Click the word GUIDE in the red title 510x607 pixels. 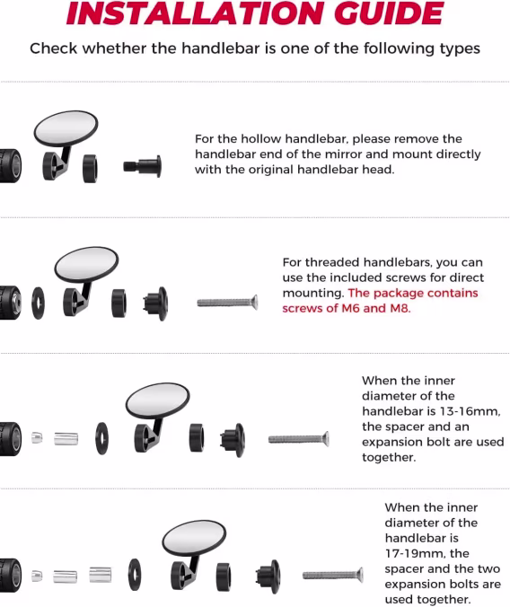tap(389, 13)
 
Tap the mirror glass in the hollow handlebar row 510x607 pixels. tap(66, 128)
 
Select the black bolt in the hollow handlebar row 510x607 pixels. tap(143, 166)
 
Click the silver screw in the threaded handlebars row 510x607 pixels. tap(227, 302)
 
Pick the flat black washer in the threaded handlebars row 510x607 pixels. tap(38, 303)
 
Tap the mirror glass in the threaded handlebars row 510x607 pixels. tap(86, 264)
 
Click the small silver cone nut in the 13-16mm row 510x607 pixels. tap(37, 438)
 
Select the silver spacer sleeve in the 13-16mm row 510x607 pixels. tap(66, 438)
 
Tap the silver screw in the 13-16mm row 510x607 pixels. tap(299, 439)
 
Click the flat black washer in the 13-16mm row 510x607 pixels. tap(101, 438)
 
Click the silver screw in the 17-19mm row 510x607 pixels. tap(332, 576)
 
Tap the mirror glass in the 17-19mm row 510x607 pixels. tap(194, 538)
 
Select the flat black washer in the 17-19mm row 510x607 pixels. tap(135, 575)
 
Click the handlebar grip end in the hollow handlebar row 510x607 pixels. tap(11, 166)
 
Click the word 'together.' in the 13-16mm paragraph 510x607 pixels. tap(389, 458)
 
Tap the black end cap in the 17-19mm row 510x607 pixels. tap(268, 576)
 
